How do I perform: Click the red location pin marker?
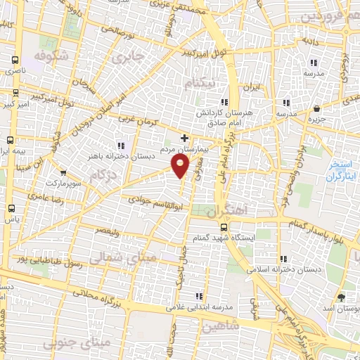181,167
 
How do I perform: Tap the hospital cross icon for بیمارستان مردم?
185,138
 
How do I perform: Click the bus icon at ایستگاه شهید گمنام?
224,227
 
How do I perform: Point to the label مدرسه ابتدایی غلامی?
198,307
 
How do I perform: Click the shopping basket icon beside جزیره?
318,109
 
